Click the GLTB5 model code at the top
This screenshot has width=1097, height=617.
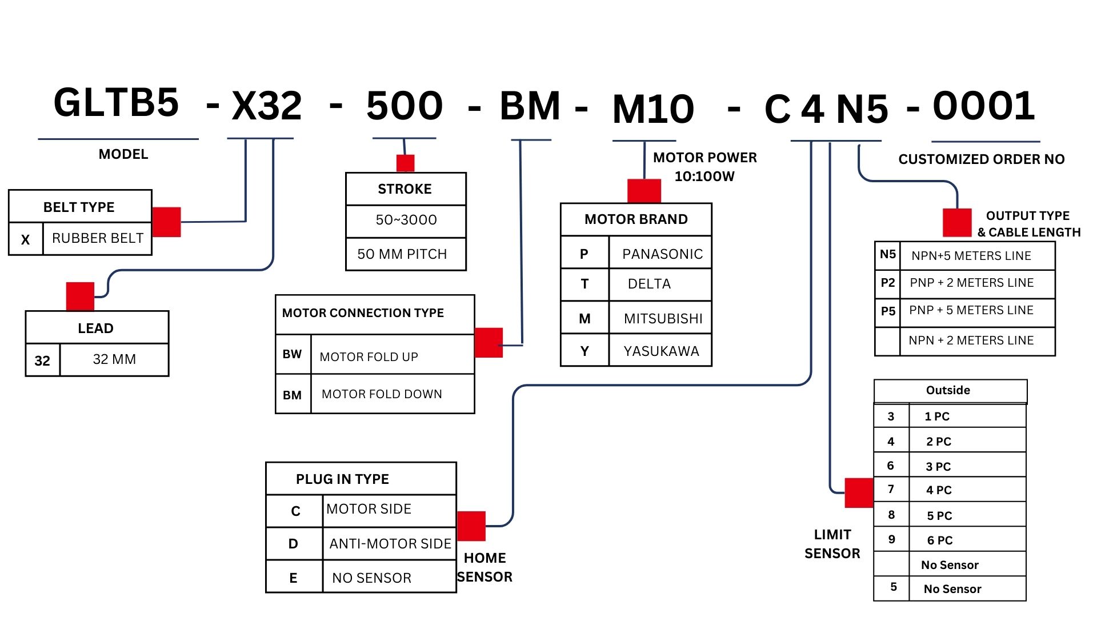(x=117, y=103)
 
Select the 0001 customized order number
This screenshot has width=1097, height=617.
(x=984, y=106)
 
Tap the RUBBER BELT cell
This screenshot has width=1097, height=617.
(x=98, y=238)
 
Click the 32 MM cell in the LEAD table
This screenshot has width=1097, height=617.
(x=114, y=359)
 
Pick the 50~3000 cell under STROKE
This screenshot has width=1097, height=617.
(x=406, y=220)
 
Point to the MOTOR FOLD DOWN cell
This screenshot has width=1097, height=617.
(x=382, y=394)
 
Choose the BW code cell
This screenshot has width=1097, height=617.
(x=292, y=354)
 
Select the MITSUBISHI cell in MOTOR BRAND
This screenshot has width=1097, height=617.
(x=663, y=319)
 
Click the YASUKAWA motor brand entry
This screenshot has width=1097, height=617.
(x=661, y=351)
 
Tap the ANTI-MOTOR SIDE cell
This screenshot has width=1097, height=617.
(x=390, y=544)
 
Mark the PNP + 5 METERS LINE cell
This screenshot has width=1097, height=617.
(x=971, y=310)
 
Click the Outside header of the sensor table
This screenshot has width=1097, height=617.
(x=948, y=391)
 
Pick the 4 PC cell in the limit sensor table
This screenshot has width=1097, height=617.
(x=939, y=490)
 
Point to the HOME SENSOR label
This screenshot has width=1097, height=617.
(x=485, y=567)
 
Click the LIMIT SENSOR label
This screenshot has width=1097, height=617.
(x=832, y=544)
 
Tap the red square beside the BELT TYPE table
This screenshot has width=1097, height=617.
(x=166, y=222)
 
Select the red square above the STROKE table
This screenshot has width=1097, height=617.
(x=405, y=163)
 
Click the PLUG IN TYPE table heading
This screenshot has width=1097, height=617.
(x=342, y=479)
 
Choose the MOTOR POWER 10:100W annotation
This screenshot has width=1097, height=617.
(x=704, y=167)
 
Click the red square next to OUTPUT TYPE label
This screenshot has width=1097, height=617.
(x=957, y=223)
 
